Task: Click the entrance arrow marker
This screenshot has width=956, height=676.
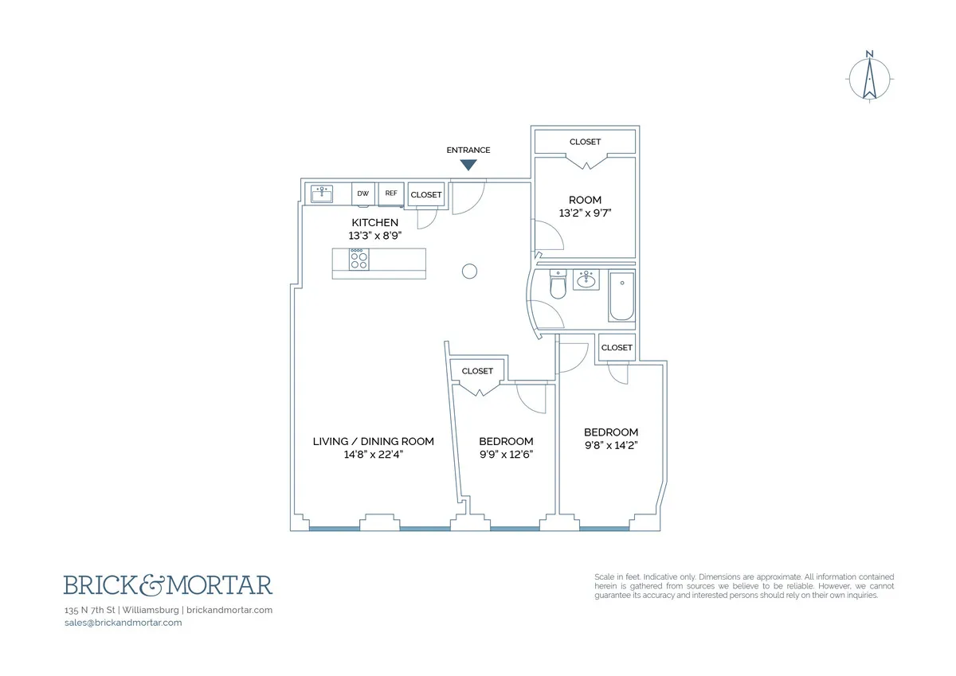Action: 468,165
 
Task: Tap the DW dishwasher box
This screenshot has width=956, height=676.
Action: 363,193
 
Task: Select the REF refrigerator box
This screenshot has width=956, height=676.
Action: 391,193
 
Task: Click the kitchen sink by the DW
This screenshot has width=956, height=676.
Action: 322,193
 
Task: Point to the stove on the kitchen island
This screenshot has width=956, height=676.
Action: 358,260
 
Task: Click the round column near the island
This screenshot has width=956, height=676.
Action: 470,272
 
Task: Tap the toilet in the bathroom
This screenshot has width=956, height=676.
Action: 558,287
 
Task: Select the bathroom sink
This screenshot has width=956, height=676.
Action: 586,280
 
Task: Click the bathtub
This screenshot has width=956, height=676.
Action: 621,296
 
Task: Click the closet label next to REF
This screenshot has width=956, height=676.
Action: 426,195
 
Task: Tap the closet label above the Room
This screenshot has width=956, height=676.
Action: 585,142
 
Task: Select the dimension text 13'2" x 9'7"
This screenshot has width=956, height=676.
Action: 585,213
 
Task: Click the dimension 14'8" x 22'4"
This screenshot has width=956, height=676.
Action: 373,455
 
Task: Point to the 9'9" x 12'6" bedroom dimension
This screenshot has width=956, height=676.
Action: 506,455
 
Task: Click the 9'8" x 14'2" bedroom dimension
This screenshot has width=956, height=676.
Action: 611,446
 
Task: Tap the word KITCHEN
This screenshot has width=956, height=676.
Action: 374,222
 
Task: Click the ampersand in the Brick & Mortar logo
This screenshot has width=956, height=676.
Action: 167,586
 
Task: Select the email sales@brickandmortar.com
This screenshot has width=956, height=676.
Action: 123,623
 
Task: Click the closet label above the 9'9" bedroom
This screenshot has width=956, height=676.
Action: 477,371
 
